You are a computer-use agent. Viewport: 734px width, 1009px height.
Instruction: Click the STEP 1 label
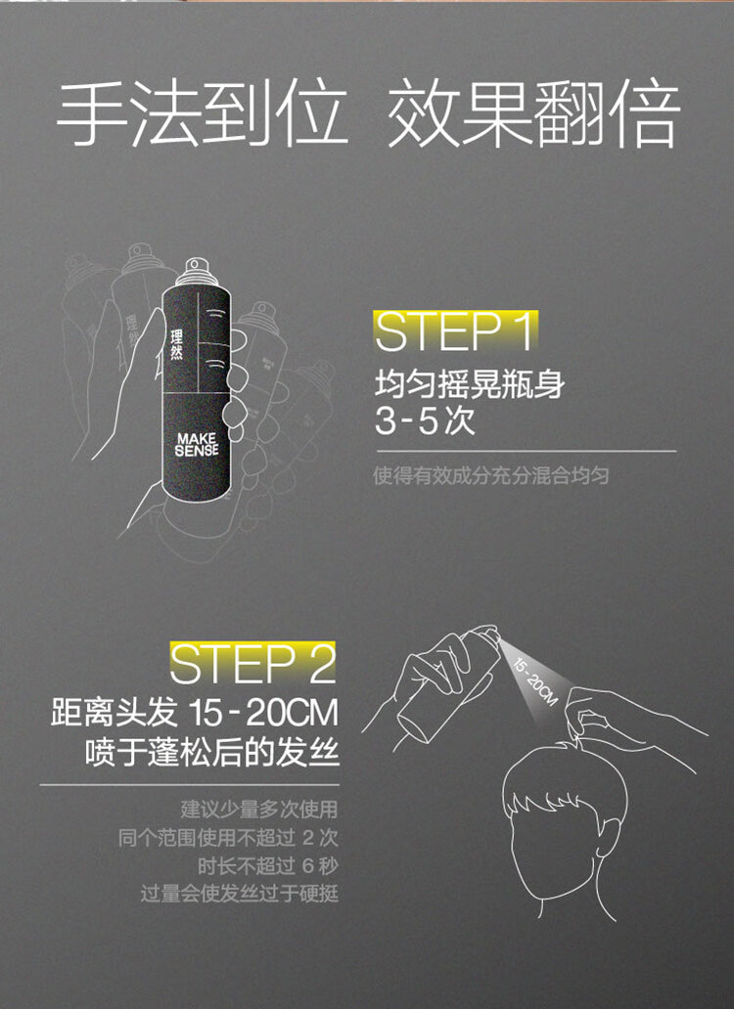point(454,332)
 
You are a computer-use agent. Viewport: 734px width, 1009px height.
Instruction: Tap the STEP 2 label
point(253,664)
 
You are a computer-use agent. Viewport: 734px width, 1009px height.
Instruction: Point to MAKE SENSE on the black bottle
point(197,445)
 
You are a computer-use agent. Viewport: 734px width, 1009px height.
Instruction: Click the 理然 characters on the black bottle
point(177,345)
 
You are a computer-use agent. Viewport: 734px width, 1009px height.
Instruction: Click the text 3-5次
point(425,421)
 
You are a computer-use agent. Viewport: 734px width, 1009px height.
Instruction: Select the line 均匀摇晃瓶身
point(470,385)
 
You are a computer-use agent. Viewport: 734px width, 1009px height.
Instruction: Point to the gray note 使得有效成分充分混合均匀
point(491,475)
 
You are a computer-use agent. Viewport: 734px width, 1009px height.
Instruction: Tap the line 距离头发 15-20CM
point(195,713)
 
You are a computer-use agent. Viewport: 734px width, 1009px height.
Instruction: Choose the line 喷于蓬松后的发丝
point(211,752)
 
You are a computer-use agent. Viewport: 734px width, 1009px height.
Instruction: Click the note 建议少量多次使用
point(258,809)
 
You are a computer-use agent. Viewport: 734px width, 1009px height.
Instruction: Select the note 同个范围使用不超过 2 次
point(228,837)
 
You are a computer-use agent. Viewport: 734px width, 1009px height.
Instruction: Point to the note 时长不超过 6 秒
point(267,865)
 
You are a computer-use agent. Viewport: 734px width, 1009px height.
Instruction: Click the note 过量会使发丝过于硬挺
point(239,894)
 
